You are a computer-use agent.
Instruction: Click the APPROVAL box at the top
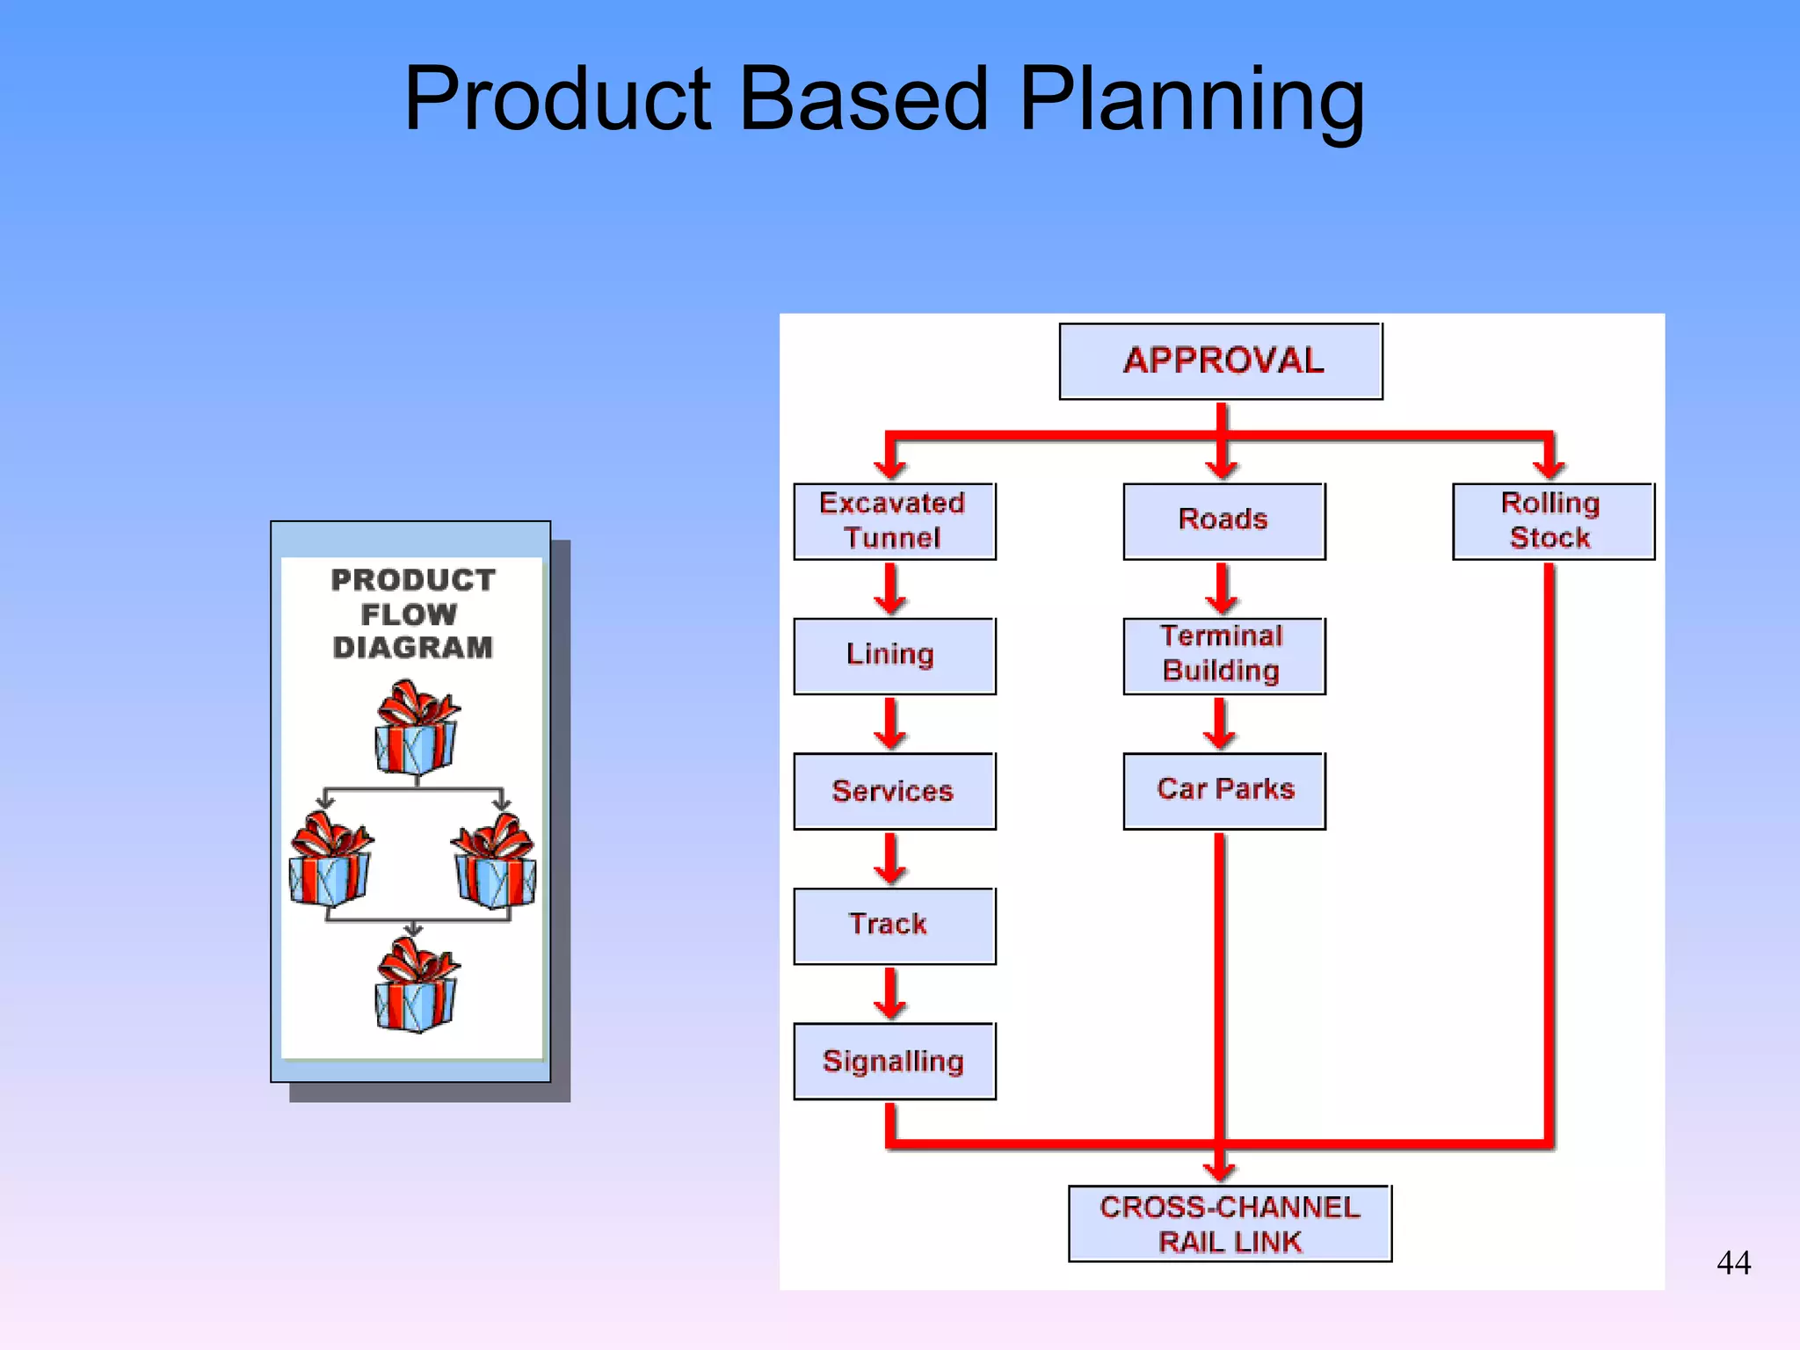point(1221,361)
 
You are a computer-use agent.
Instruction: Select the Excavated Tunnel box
point(894,521)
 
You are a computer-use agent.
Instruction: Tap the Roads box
point(1223,521)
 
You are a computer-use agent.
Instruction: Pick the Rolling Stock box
point(1552,521)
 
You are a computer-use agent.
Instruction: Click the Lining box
point(894,656)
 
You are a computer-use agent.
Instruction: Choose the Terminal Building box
point(1223,656)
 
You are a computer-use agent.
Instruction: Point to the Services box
point(894,791)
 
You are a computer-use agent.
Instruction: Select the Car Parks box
point(1223,790)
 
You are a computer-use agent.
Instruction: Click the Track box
point(894,925)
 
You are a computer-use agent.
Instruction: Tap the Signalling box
point(894,1061)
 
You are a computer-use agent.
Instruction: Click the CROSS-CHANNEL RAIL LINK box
point(1230,1223)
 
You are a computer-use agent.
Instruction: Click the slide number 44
point(1733,1263)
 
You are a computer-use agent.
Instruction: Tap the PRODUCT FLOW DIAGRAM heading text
point(412,613)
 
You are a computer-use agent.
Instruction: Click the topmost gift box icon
point(416,728)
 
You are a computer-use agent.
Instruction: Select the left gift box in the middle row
point(330,860)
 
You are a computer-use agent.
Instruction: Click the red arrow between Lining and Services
point(890,723)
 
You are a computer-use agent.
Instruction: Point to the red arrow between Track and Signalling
point(890,993)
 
